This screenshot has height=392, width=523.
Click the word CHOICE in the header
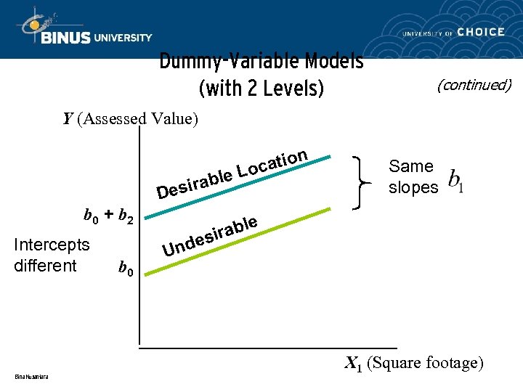click(x=481, y=32)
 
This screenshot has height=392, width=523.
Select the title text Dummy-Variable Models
click(x=261, y=62)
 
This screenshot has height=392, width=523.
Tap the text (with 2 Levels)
click(x=261, y=88)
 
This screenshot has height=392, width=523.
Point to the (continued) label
click(x=474, y=85)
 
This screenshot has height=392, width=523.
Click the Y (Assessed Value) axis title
click(x=130, y=118)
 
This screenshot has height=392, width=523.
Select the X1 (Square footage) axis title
click(x=413, y=362)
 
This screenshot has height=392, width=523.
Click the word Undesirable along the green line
click(x=210, y=236)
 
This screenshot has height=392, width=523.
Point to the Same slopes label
click(x=413, y=176)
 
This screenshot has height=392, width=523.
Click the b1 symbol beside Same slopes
click(x=456, y=179)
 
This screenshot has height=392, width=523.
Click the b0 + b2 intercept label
click(x=108, y=216)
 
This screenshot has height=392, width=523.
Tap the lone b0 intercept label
click(x=126, y=271)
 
